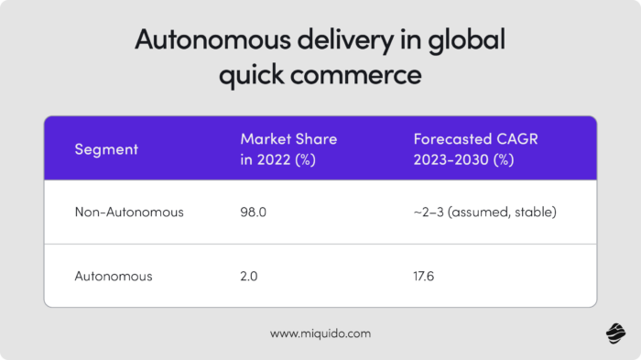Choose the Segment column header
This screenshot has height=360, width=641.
[x=105, y=148]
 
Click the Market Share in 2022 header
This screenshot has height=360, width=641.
[x=288, y=148]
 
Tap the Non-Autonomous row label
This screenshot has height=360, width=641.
[x=129, y=213]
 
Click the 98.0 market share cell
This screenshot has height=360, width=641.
[x=254, y=213]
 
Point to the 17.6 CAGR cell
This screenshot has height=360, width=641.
[x=427, y=274]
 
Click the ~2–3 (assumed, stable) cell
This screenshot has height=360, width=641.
[x=484, y=213]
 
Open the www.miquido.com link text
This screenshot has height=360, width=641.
[x=320, y=333]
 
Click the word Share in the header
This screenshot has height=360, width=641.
[x=316, y=139]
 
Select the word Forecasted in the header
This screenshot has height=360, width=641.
[x=452, y=139]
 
